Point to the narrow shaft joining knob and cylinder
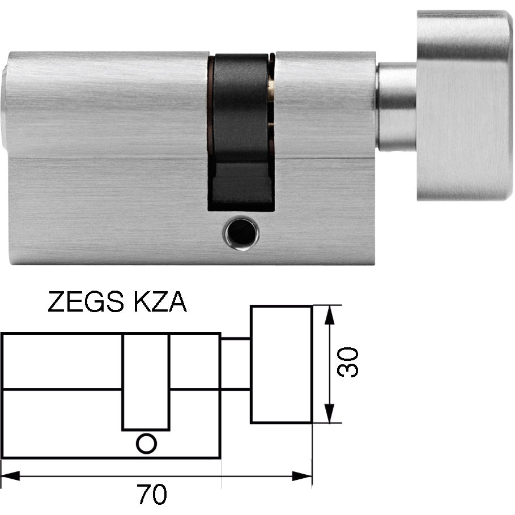point(397,107)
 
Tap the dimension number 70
point(151,495)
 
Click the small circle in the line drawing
point(146,443)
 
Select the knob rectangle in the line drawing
point(281,364)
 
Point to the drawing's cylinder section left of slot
point(62,397)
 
